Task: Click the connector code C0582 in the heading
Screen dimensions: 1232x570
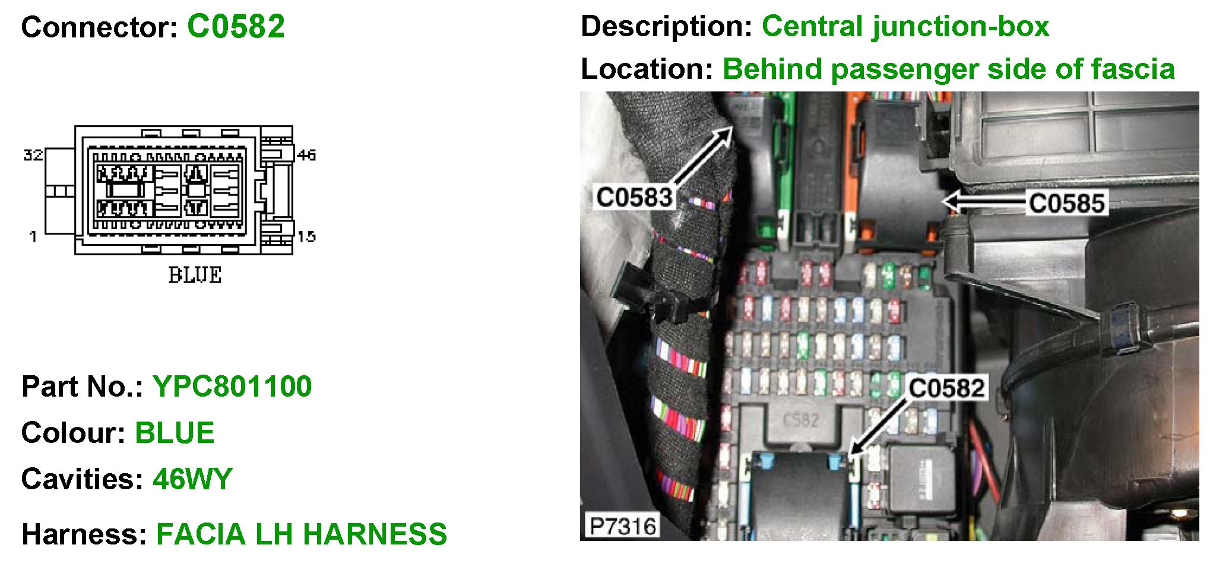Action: coord(236,27)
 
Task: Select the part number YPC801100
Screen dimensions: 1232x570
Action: coord(232,387)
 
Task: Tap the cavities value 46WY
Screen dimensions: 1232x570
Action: coord(192,479)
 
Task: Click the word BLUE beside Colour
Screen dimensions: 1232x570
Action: coord(175,433)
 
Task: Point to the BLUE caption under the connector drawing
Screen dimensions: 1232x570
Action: coord(195,275)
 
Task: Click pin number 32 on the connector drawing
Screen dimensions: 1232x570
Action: coord(33,155)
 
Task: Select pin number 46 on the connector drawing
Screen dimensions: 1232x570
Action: coord(306,155)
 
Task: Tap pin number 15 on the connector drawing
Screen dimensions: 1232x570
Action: coord(306,237)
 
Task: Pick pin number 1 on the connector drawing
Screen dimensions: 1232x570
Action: coord(33,237)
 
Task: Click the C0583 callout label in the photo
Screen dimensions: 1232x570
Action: coord(634,198)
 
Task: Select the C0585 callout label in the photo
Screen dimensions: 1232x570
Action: coord(1066,204)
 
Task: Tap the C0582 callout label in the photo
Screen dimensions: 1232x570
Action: coord(946,389)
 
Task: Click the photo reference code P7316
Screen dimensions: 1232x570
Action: coord(622,526)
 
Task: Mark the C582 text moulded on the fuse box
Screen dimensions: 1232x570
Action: coord(800,420)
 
